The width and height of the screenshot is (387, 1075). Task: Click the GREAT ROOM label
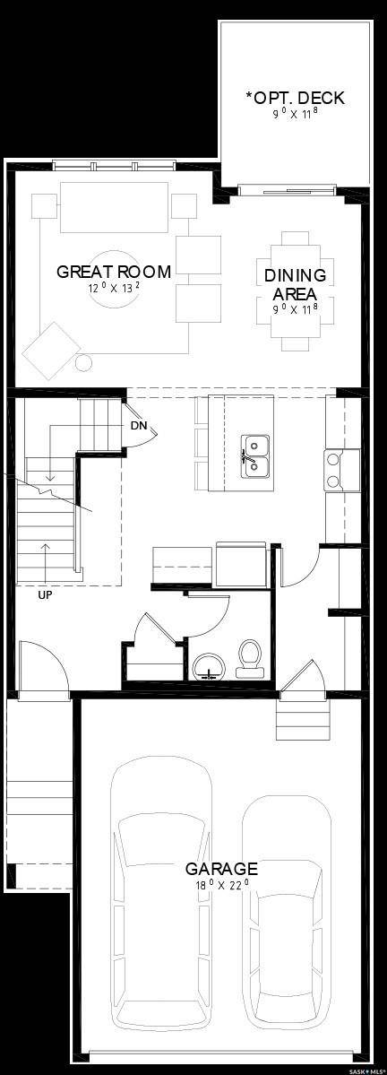[x=113, y=271]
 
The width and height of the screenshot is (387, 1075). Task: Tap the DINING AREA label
[x=295, y=285]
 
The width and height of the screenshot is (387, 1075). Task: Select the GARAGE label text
[x=221, y=868]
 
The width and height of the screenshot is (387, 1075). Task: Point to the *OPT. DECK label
[x=295, y=98]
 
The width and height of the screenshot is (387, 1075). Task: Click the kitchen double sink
[x=254, y=454]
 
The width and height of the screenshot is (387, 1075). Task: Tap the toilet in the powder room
[x=248, y=658]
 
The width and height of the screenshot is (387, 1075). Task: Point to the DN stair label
[x=138, y=425]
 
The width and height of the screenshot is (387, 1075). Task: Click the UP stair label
[x=45, y=594]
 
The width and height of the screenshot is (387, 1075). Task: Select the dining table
[x=295, y=291]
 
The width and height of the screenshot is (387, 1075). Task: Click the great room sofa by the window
[x=114, y=207]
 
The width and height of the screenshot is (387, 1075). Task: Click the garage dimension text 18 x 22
[x=221, y=884]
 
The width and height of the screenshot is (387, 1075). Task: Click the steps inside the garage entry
[x=301, y=717]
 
